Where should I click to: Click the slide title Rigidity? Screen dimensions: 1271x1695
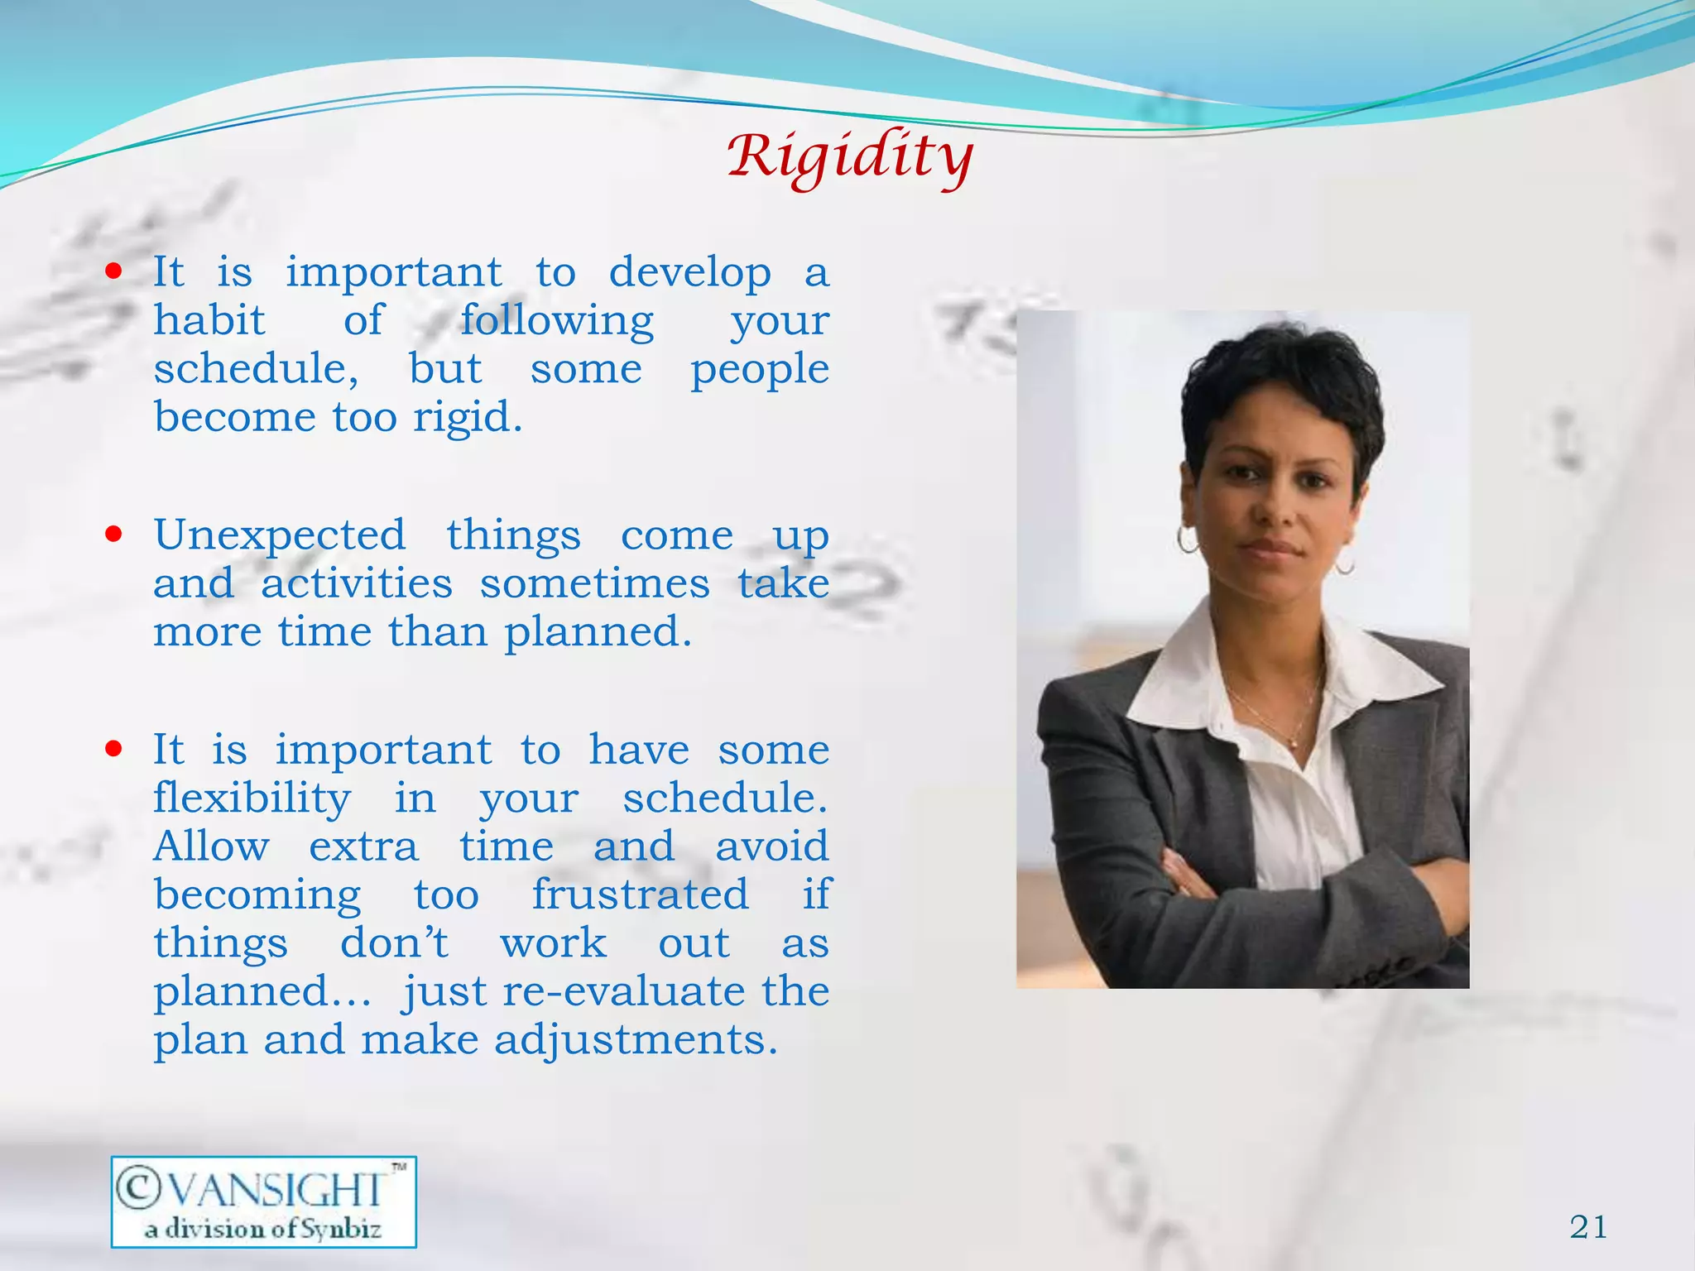[850, 157]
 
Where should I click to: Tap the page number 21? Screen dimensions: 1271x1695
[1588, 1226]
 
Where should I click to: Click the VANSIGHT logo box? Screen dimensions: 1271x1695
[263, 1201]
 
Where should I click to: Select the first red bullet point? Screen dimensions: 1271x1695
[114, 271]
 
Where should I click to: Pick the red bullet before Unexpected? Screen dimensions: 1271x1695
[114, 534]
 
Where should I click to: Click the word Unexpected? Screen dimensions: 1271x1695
[280, 535]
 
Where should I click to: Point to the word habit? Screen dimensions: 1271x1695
[209, 319]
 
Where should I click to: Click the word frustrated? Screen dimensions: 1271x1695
[640, 894]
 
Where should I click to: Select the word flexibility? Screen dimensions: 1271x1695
[252, 798]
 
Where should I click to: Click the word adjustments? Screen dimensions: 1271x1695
[636, 1039]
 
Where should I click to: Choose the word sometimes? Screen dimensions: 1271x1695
[594, 583]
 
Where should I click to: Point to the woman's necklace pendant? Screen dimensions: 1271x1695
[1293, 744]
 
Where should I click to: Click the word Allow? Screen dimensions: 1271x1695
[211, 846]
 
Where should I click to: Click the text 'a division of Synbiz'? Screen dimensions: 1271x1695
[263, 1228]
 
